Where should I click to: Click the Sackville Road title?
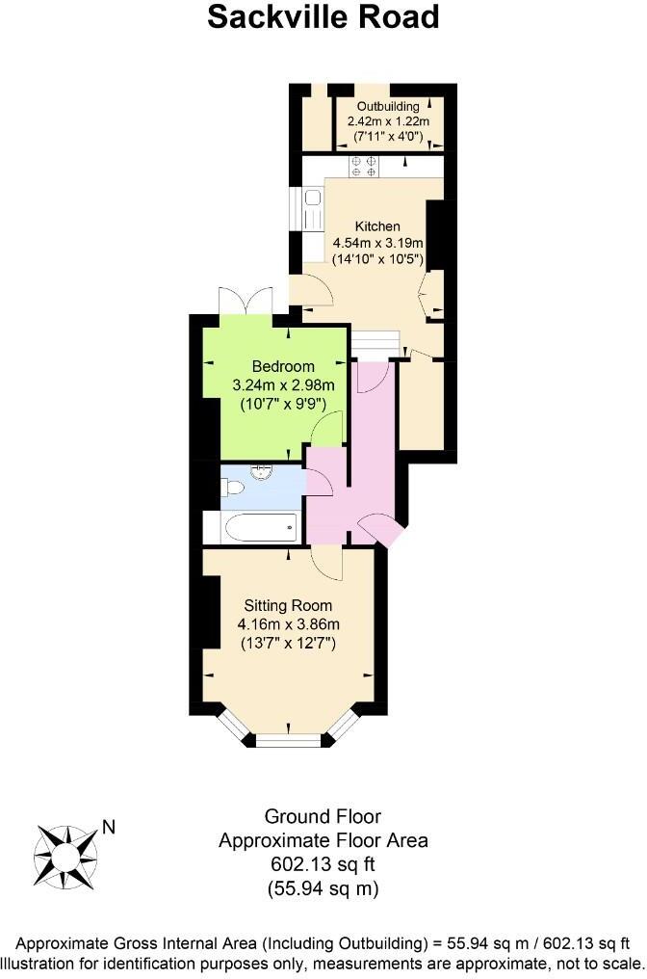323,17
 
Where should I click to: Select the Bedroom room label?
283,366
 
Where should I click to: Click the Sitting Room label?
287,606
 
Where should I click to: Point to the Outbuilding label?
388,105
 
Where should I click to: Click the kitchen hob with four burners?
364,167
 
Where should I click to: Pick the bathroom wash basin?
261,472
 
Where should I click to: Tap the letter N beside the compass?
109,827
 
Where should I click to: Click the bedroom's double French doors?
246,302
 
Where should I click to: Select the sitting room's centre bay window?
287,740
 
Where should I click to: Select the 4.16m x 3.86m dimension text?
287,624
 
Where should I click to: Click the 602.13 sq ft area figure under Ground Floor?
323,863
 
